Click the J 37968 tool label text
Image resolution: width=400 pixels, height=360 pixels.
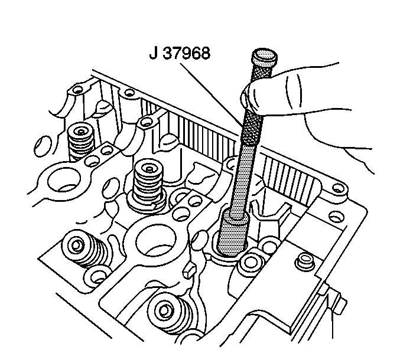[x=180, y=54]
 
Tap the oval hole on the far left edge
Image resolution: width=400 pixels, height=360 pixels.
[x=42, y=146]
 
